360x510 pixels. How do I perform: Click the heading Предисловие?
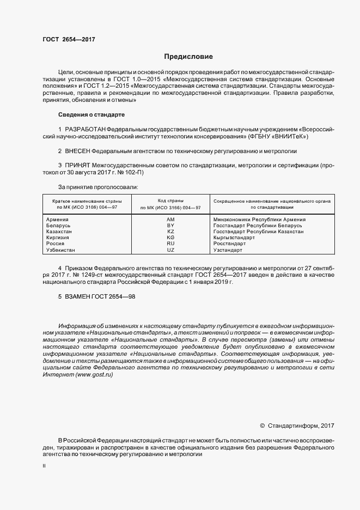coord(188,57)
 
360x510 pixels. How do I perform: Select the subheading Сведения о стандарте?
coord(91,115)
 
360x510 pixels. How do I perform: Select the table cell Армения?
coord(58,220)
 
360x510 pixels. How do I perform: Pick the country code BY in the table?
coord(170,226)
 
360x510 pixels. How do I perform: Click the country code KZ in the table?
coord(170,232)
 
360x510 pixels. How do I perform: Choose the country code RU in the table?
coord(170,244)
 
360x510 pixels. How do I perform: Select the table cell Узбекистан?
coord(61,250)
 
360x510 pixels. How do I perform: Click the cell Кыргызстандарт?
coord(234,238)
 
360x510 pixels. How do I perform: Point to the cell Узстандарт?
coord(228,250)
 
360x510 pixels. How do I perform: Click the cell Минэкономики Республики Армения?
coord(259,220)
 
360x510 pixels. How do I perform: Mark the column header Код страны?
coord(170,201)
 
